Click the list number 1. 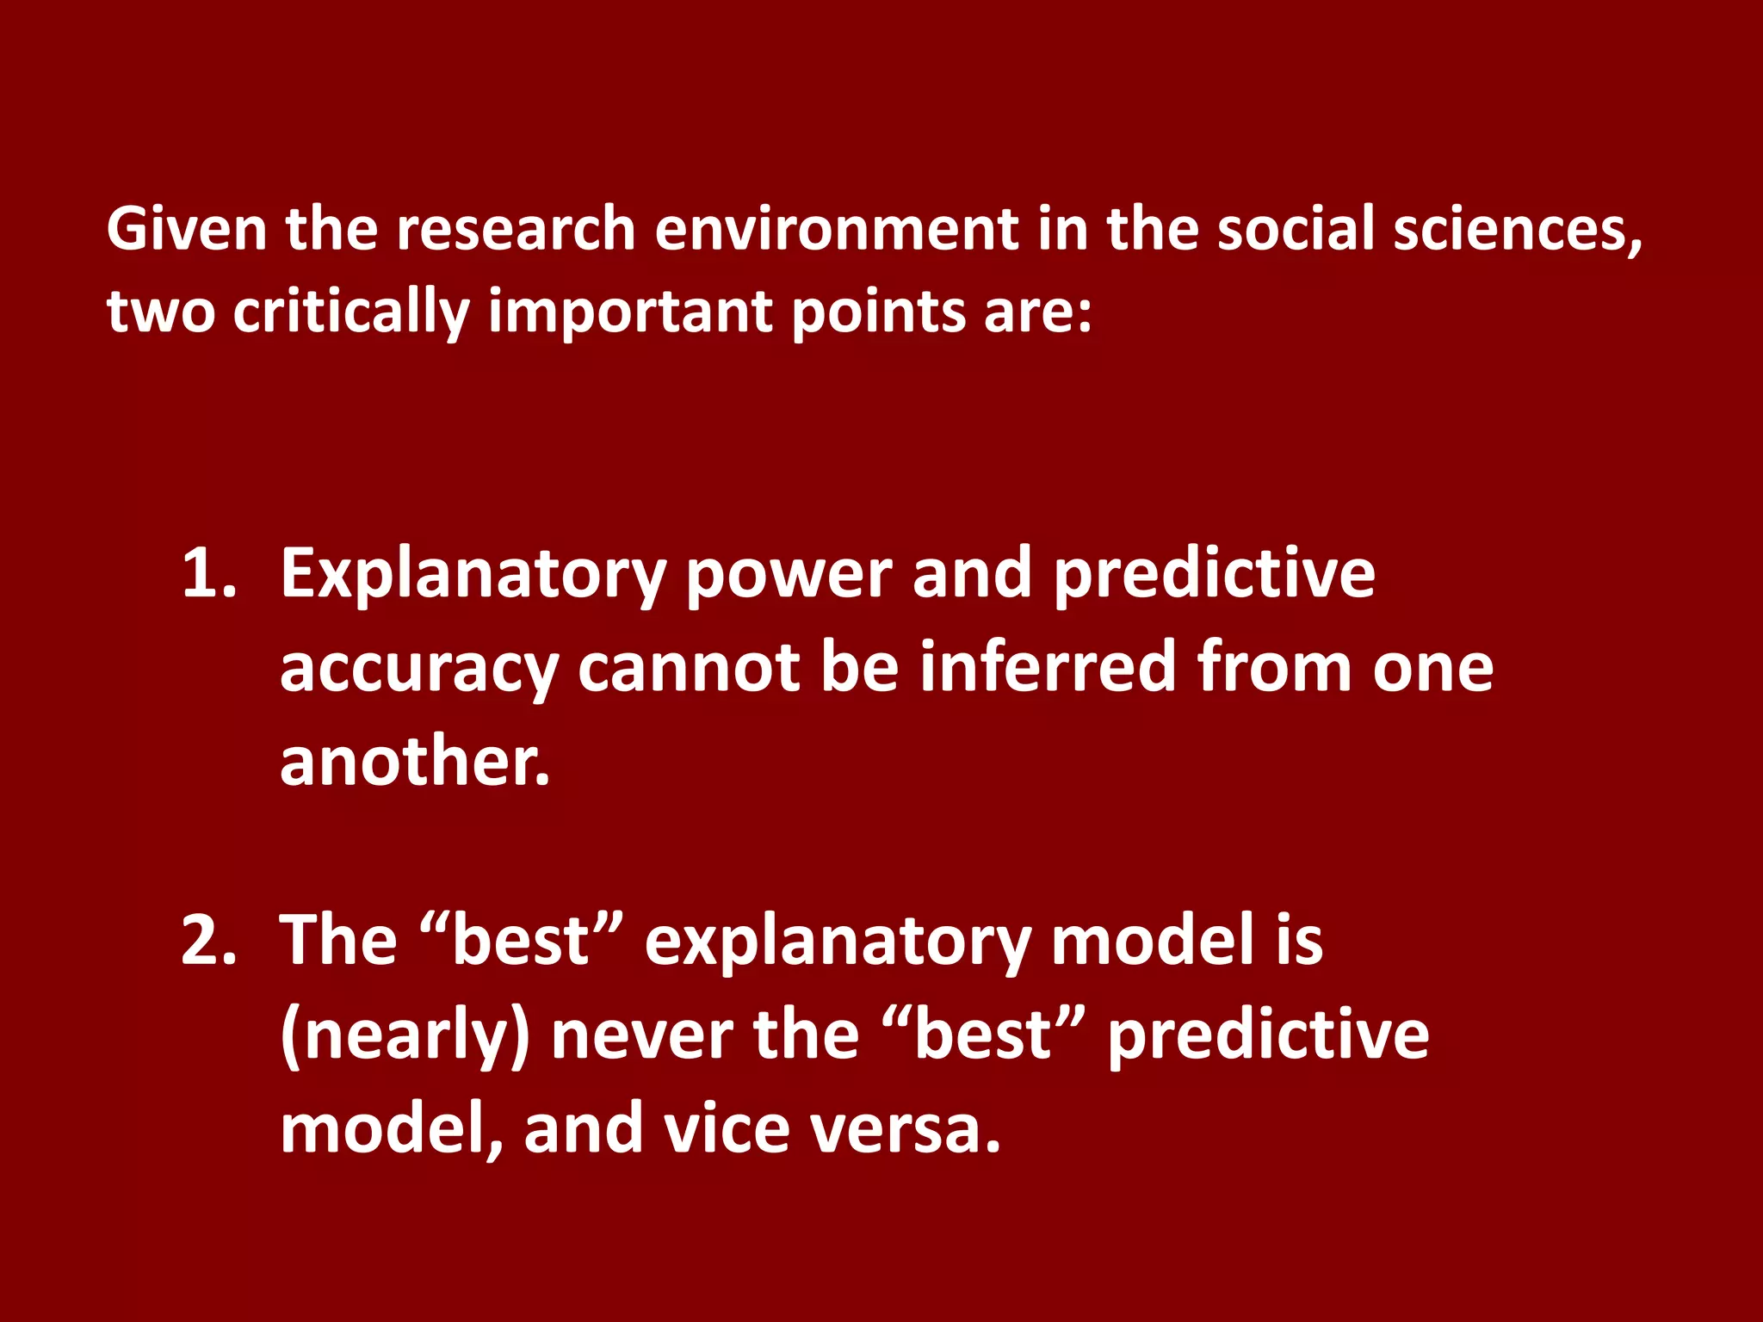(x=207, y=573)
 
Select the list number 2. (x=207, y=940)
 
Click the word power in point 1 (x=788, y=575)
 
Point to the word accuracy (x=419, y=670)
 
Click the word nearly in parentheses (x=405, y=1036)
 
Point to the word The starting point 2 (x=338, y=940)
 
